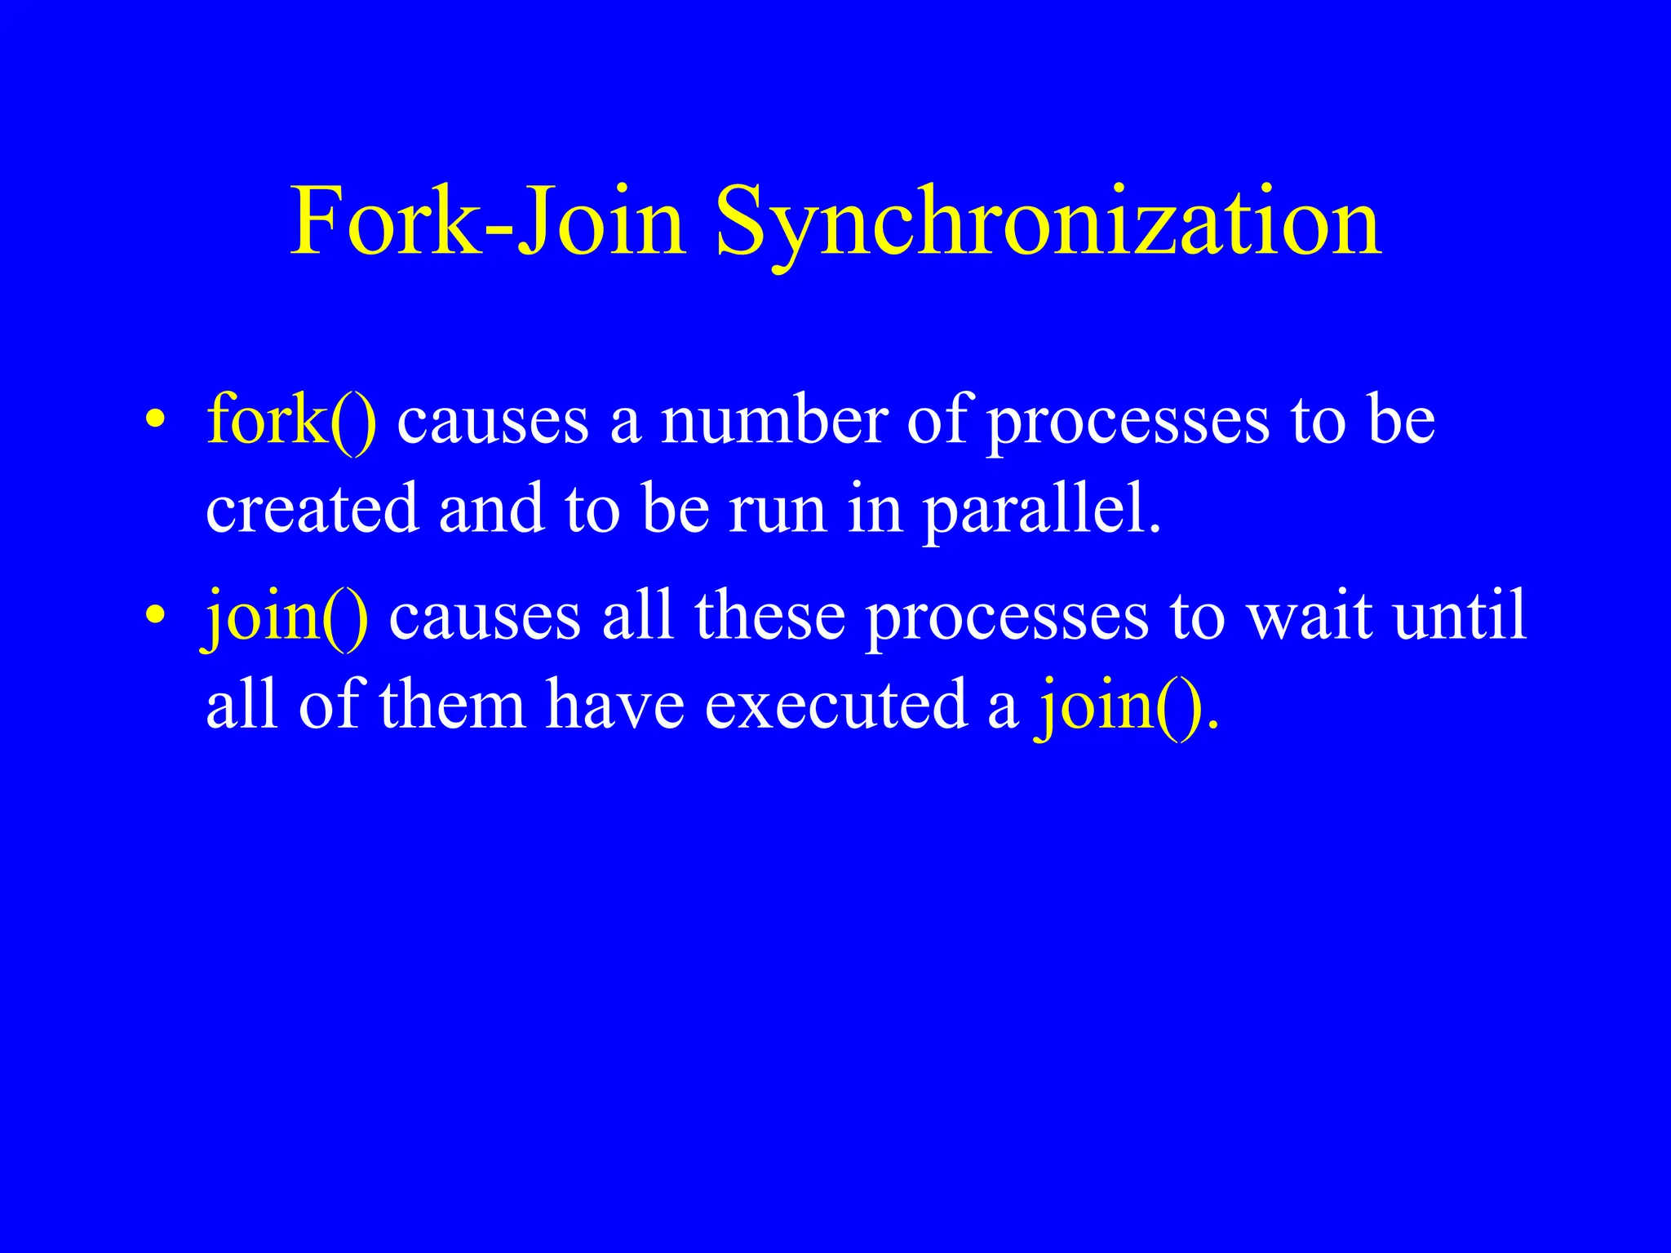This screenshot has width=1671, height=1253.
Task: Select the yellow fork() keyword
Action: tap(291, 421)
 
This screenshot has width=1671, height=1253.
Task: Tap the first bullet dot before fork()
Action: tap(155, 421)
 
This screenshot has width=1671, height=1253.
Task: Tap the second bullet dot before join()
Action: tap(155, 615)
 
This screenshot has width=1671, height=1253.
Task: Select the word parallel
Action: tap(1040, 511)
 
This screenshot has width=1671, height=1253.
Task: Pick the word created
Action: tap(312, 509)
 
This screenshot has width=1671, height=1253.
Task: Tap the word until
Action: tap(1460, 615)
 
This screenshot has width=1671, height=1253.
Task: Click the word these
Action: tap(770, 617)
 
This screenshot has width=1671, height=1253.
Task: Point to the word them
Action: tap(453, 706)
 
